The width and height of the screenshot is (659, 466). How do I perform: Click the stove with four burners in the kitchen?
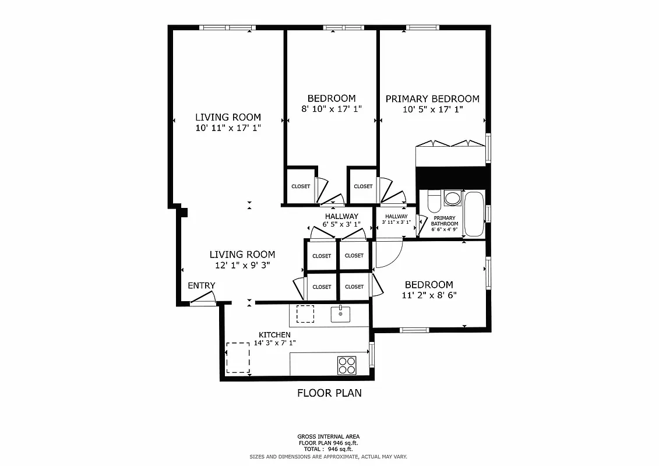[x=347, y=365]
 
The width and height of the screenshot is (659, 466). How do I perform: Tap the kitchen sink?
[x=340, y=315]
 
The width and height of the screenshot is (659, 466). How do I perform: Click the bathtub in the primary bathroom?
[x=474, y=213]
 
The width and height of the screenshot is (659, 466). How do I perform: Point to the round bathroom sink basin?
[x=452, y=199]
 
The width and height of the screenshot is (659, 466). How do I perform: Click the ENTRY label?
[x=201, y=285]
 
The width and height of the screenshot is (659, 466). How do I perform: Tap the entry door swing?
[x=203, y=298]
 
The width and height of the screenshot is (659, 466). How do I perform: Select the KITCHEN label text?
[x=274, y=335]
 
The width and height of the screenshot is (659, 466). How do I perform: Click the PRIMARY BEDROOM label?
[x=432, y=99]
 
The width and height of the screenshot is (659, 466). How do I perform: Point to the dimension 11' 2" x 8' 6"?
[x=429, y=295]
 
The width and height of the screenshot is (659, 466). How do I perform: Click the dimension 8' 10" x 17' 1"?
[x=332, y=108]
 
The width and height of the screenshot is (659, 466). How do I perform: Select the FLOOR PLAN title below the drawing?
[x=329, y=393]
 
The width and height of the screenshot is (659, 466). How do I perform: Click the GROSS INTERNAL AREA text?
[x=329, y=436]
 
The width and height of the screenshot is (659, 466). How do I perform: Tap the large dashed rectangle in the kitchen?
[x=238, y=358]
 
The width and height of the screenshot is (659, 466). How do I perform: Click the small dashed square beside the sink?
[x=305, y=313]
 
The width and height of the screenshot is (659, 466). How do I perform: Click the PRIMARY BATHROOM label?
[x=445, y=221]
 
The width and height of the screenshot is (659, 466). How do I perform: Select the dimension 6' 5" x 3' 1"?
[x=341, y=224]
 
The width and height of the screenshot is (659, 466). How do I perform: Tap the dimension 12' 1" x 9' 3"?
[x=242, y=265]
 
